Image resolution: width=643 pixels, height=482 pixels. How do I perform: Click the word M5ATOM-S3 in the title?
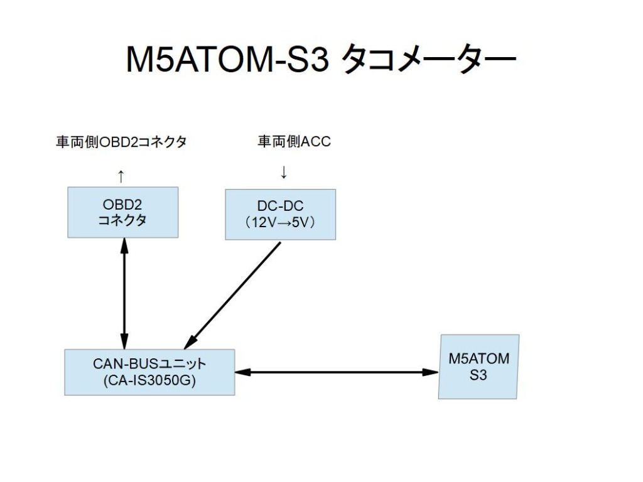pos(227,60)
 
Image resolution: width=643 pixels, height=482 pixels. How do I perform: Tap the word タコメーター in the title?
pos(428,60)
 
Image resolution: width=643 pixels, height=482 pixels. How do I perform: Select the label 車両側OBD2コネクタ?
pos(121,142)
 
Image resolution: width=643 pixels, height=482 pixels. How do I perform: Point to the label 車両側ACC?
pos(294,141)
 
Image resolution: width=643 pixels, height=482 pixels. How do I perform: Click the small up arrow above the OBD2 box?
pos(121,176)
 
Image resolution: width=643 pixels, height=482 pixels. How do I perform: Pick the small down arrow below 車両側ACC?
pos(283,172)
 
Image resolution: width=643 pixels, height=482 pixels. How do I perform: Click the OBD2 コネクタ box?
pos(122,212)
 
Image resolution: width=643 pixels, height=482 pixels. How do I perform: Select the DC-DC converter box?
pos(281,215)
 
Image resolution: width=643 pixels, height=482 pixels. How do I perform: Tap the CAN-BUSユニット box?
pos(149,372)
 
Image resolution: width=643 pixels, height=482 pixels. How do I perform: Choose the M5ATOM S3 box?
pos(478,367)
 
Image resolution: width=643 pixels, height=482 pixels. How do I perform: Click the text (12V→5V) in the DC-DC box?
pos(281,223)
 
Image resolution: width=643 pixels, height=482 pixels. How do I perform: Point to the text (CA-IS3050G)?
pos(149,381)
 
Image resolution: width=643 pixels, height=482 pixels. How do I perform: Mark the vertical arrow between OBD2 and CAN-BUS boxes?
pos(124,294)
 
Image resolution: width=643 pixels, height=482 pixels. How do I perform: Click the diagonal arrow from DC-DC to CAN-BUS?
pos(232,296)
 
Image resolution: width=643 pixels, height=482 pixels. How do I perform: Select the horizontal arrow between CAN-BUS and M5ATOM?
pos(337,372)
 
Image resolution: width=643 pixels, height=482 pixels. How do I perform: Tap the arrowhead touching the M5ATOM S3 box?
pos(431,372)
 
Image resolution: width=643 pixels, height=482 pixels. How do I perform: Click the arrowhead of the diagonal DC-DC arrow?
pos(190,342)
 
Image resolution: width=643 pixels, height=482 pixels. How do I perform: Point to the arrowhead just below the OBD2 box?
pos(124,245)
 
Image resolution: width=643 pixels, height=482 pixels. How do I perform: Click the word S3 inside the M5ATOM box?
pos(478,375)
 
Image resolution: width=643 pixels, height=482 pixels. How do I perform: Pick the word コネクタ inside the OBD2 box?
pos(122,220)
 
